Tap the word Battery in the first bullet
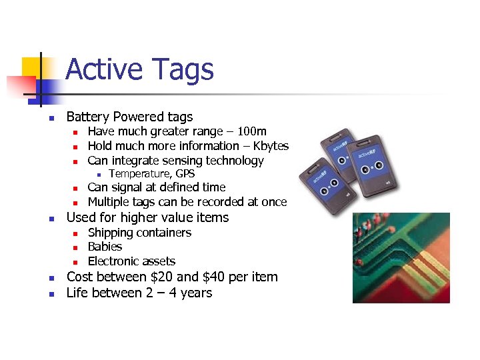pos(89,117)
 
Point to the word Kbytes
pos(271,146)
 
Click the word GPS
pos(184,174)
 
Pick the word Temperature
pos(138,174)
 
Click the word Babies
pos(105,247)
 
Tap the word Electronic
pos(115,261)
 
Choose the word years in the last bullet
pos(196,293)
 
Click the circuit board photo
pos(401,257)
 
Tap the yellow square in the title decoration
pos(31,67)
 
